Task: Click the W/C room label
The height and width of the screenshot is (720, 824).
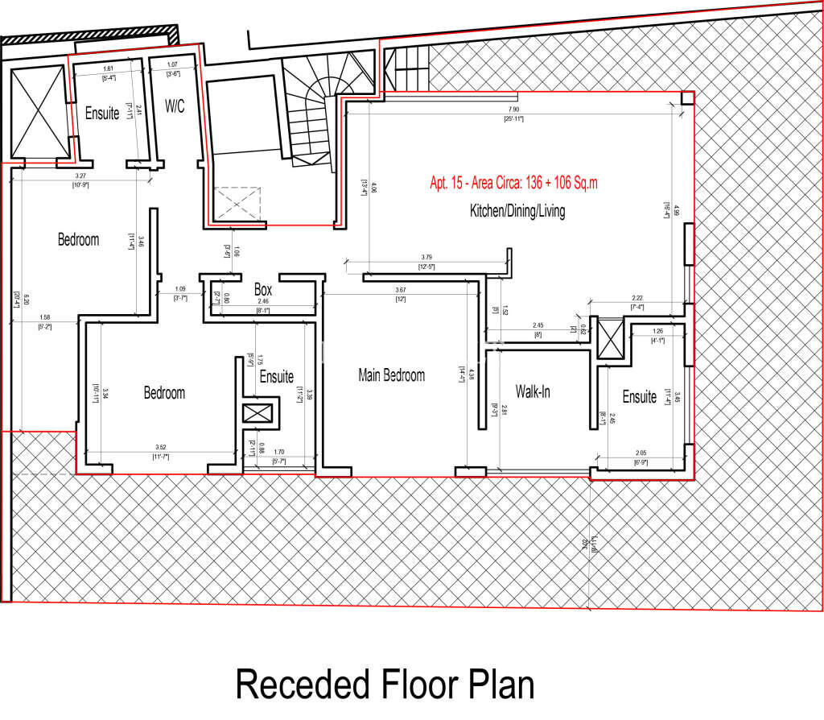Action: [x=175, y=106]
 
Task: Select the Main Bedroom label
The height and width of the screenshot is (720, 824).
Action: [x=391, y=375]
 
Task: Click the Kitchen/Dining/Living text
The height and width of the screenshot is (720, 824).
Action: [x=517, y=212]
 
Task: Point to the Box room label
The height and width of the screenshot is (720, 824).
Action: [x=262, y=289]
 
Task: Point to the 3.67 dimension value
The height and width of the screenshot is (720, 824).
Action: [x=400, y=290]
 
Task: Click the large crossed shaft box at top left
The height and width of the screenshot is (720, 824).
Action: [x=39, y=112]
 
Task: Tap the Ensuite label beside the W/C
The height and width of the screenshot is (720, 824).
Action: [x=102, y=114]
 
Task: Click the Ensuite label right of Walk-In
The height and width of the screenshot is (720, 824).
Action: [x=640, y=397]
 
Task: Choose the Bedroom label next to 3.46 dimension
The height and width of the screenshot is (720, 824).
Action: [x=78, y=239]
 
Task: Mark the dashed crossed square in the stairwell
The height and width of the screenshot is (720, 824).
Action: [x=237, y=202]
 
